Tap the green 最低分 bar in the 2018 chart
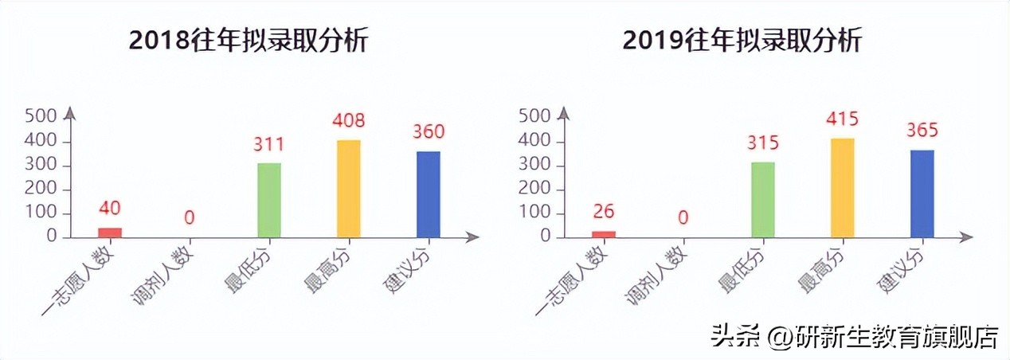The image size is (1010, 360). (269, 200)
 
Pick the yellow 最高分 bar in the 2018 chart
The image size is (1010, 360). (349, 188)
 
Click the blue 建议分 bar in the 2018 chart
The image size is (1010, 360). (429, 194)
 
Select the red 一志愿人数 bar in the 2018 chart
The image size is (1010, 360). (110, 233)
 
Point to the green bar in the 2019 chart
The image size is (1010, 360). (763, 199)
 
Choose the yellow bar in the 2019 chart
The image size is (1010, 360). (843, 187)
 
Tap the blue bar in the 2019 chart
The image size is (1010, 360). (922, 193)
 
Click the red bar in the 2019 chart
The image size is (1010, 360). (604, 234)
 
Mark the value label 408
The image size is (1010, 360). (349, 121)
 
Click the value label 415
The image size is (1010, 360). (843, 119)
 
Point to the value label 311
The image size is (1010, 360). (269, 145)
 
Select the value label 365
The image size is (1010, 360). (922, 131)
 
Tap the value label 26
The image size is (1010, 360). (604, 211)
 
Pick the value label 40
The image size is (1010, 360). (110, 208)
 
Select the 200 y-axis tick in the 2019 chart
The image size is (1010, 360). (534, 190)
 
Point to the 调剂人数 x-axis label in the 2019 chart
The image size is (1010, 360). (653, 275)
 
